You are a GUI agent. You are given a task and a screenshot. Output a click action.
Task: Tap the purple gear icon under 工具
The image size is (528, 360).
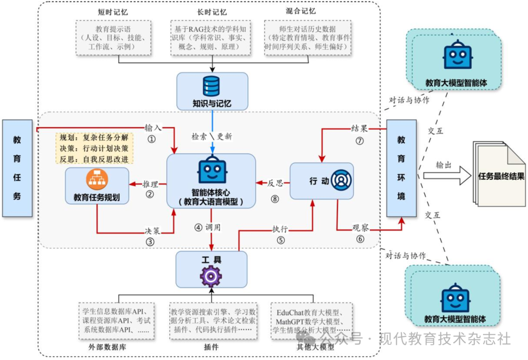point(211,276)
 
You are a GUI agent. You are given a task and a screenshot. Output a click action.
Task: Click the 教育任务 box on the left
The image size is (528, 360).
point(17,168)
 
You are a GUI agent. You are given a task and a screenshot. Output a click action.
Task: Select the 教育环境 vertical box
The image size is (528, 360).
point(401,168)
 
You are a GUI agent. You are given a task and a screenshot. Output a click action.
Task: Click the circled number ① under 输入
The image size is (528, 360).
point(152,138)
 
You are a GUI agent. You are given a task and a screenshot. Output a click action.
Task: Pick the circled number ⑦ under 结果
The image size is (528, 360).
point(360,140)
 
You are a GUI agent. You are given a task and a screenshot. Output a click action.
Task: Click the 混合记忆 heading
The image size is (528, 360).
point(301,11)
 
